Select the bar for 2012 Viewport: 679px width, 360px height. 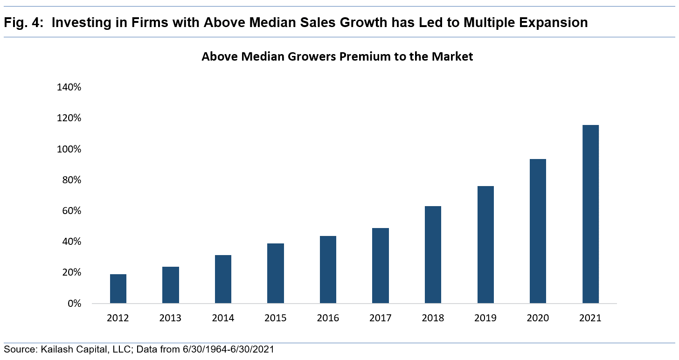pos(118,289)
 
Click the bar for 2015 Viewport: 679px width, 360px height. pos(276,273)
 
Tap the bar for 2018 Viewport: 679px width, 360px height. pos(433,255)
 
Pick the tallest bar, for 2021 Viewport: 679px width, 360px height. pos(590,214)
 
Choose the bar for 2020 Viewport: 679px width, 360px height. pos(538,231)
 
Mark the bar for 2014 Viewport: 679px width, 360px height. pos(223,279)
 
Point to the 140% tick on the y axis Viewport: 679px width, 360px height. pos(69,88)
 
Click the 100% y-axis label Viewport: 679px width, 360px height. pos(69,149)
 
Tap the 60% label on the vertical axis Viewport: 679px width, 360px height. pos(71,211)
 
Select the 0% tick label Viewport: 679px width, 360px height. pos(73,304)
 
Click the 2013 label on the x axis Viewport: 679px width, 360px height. pos(171,318)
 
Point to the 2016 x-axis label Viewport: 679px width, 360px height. pos(328,318)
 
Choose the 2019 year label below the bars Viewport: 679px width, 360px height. pos(485,318)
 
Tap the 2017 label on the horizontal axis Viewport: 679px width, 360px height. pos(381,318)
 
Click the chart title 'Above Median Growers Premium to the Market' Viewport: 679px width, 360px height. pos(337,57)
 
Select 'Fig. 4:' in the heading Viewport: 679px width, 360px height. pos(23,22)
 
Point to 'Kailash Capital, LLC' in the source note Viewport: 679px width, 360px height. pos(77,349)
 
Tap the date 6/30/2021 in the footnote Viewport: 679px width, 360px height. pos(253,349)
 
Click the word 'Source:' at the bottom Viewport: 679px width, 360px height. pos(19,349)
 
